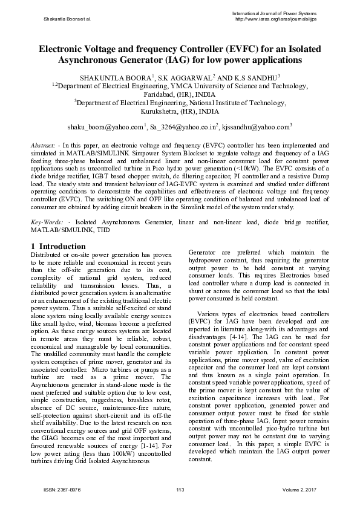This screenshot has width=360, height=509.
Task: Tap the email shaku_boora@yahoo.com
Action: click(x=106, y=127)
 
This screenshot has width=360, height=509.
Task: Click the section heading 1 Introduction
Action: click(x=58, y=247)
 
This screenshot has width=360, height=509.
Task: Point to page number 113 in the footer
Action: click(x=180, y=488)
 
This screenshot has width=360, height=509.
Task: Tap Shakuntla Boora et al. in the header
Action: click(x=67, y=19)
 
